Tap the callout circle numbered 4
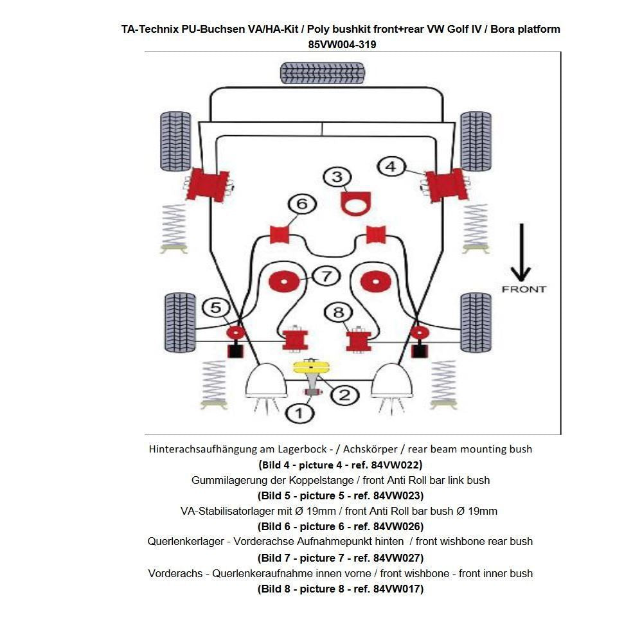pos(391,166)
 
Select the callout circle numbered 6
pos(302,205)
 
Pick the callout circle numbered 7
pos(326,276)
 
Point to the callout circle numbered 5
pos(216,308)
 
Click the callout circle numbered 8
pos(339,313)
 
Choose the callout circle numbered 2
pos(344,394)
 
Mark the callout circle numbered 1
pos(299,413)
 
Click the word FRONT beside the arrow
pos(524,289)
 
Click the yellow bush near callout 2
pos(311,367)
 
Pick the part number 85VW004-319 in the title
pos(342,45)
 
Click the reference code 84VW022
pos(397,464)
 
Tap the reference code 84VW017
pos(398,589)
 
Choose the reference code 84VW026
pos(398,526)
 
